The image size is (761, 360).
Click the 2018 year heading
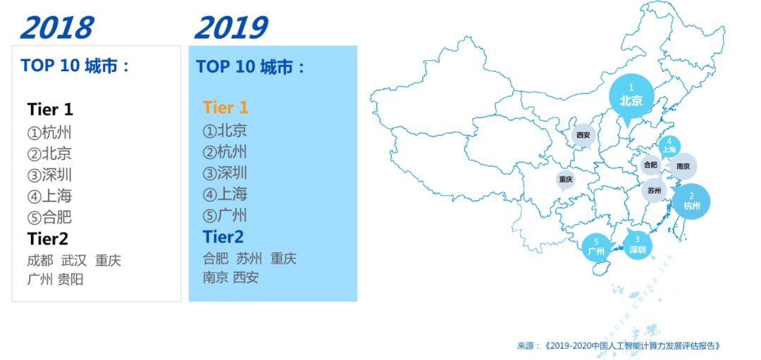click(57, 27)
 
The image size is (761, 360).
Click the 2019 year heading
click(231, 27)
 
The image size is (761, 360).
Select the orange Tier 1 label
click(225, 108)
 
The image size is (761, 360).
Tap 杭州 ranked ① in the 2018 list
click(49, 132)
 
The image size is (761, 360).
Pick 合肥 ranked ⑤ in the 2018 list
click(49, 217)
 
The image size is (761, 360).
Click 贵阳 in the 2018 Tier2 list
click(70, 280)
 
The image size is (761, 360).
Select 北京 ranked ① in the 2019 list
click(225, 130)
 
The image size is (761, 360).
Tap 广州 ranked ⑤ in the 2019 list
click(225, 216)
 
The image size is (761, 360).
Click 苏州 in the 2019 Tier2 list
click(249, 259)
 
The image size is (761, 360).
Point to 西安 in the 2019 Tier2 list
click(246, 278)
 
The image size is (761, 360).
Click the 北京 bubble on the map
click(631, 97)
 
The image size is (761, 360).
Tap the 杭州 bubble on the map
click(691, 201)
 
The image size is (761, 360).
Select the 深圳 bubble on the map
click(637, 244)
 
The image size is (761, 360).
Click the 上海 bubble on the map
click(669, 147)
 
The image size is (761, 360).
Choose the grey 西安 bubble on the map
click(583, 135)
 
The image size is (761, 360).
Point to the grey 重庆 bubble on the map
click(566, 180)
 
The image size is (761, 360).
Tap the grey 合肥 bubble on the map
click(650, 165)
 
